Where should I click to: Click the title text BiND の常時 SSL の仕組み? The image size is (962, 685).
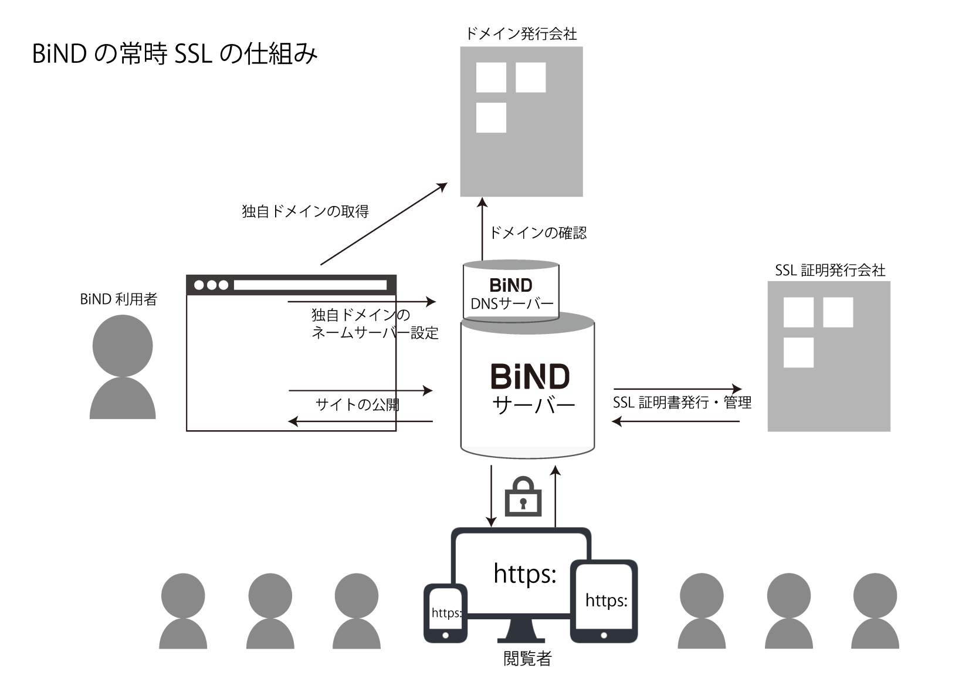(x=175, y=54)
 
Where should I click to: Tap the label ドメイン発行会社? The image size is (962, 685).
(x=521, y=33)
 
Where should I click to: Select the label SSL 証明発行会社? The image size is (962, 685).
(x=830, y=271)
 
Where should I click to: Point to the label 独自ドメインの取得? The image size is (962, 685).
(x=306, y=211)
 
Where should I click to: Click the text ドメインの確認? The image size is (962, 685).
(x=538, y=233)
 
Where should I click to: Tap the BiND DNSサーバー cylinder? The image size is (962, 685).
(x=511, y=291)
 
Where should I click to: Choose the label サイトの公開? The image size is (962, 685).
(x=357, y=404)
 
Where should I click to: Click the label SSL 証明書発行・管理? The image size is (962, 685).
(x=682, y=402)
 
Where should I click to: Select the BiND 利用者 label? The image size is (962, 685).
(x=118, y=299)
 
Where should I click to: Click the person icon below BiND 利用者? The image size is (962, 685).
(x=123, y=366)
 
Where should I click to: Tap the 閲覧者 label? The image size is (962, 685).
(x=527, y=658)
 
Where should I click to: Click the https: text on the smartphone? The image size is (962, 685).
(x=446, y=612)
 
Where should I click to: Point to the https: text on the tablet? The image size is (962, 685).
(x=606, y=600)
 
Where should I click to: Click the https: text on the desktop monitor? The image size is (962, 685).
(x=525, y=573)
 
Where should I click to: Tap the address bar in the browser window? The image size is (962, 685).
(x=310, y=285)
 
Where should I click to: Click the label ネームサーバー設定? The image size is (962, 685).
(x=375, y=333)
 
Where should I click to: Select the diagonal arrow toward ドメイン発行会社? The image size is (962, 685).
(x=384, y=224)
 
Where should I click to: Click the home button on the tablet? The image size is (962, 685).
(x=604, y=635)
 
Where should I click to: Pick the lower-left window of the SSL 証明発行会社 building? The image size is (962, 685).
(x=798, y=352)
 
